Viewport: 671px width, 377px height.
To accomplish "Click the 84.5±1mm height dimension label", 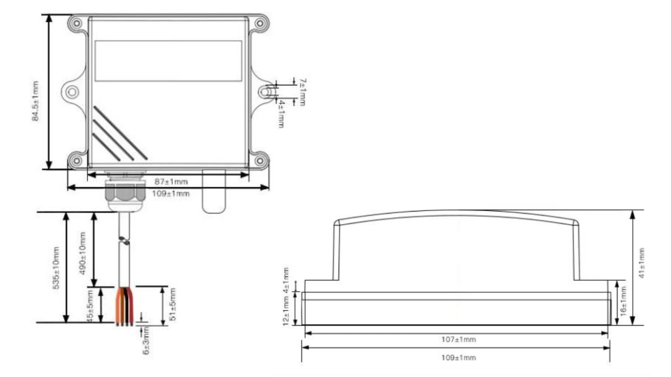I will tap(36, 101).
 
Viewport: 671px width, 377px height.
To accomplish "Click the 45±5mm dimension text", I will tap(91, 306).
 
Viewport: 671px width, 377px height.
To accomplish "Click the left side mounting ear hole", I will tap(72, 92).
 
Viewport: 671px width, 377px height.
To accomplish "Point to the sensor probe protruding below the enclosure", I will tap(213, 191).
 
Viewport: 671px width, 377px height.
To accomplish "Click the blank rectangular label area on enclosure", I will tap(168, 61).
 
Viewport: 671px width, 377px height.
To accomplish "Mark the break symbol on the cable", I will tap(125, 241).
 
